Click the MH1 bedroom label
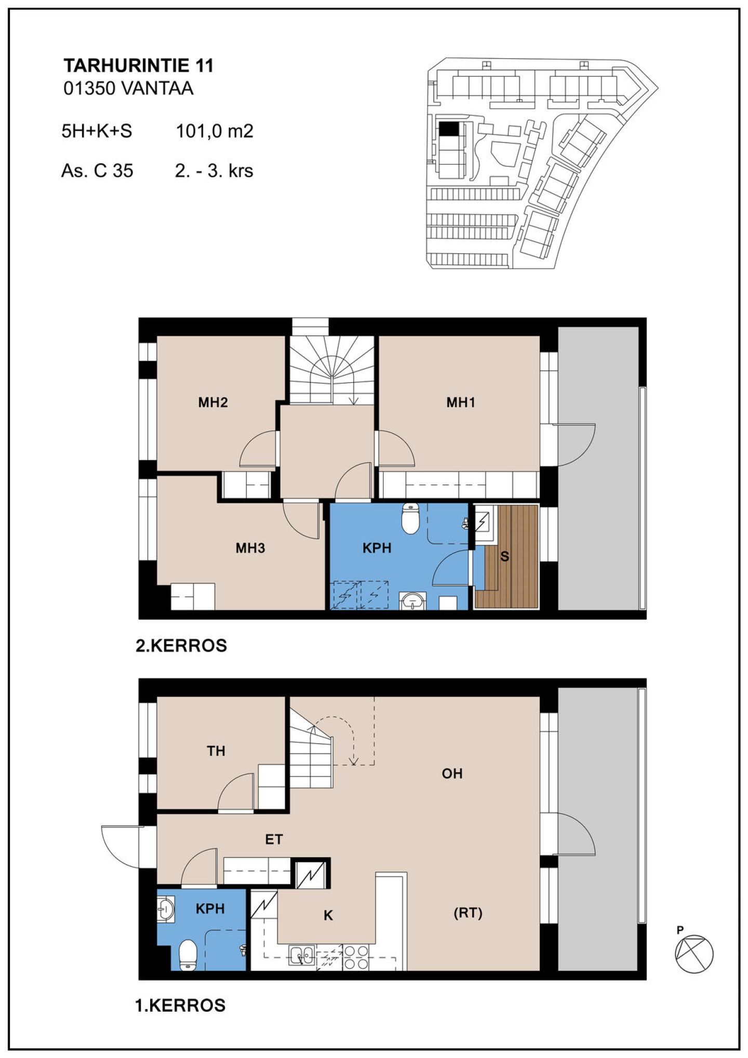[461, 402]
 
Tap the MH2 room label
[213, 402]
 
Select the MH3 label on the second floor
[250, 548]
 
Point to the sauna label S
[504, 556]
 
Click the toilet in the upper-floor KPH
[410, 519]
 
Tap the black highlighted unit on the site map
[449, 129]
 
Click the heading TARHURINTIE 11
[139, 65]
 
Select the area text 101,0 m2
[215, 131]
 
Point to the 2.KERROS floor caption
[181, 646]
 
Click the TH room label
[216, 751]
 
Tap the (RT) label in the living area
[468, 913]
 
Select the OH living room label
[452, 773]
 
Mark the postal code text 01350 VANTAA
[128, 88]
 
